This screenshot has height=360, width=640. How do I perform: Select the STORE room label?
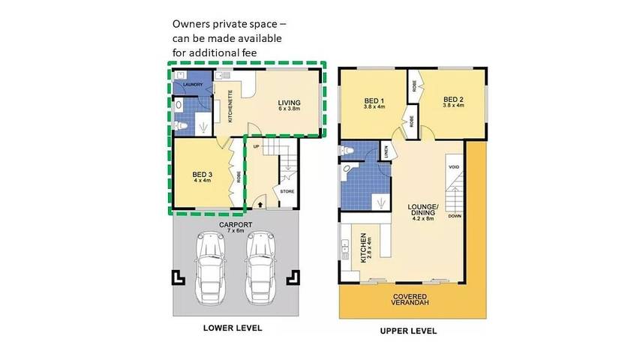click(x=287, y=192)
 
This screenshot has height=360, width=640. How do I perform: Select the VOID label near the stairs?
click(x=453, y=166)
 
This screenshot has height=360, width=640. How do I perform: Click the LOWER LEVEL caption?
click(x=233, y=328)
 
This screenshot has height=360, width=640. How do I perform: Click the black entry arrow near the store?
click(x=260, y=201)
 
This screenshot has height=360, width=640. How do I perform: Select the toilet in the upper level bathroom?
click(x=347, y=152)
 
